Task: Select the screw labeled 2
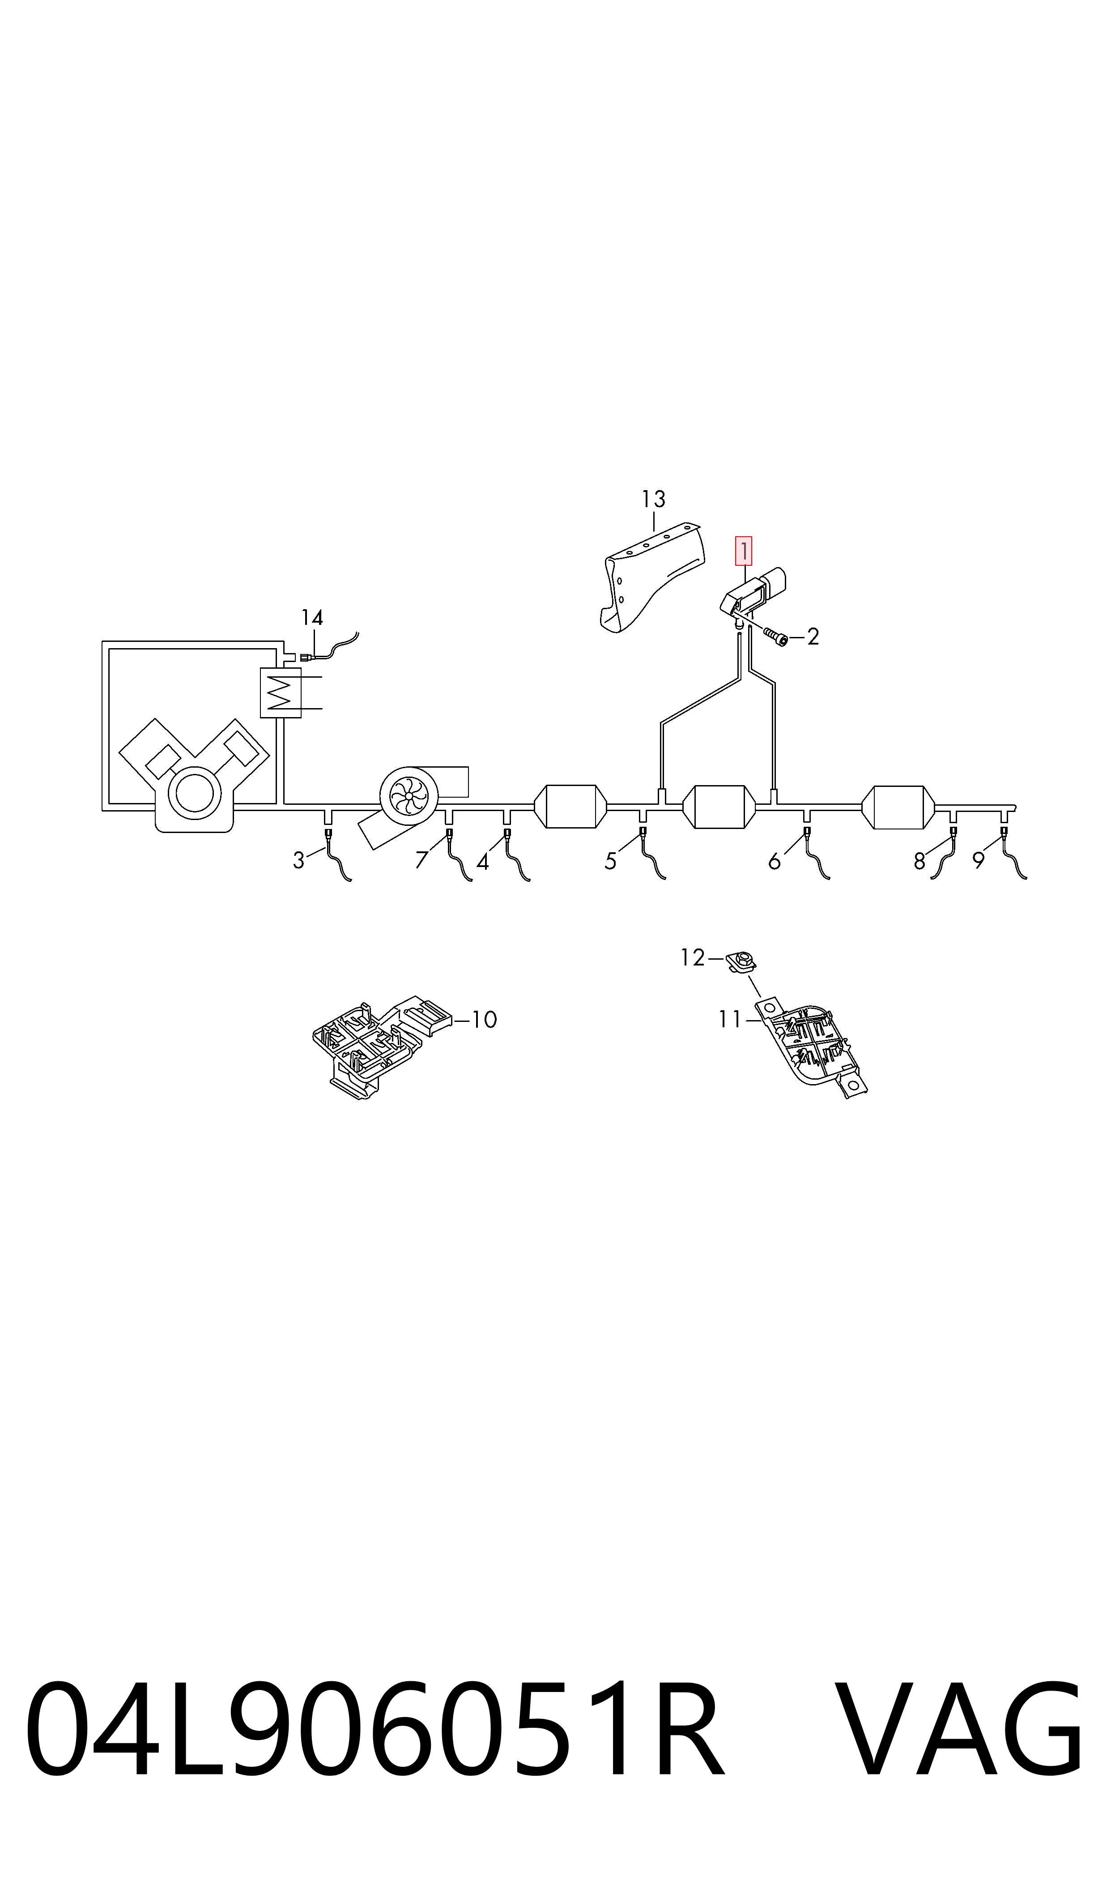(775, 636)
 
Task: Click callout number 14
(312, 618)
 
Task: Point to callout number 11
(729, 1019)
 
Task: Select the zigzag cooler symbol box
(280, 692)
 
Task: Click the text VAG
(958, 1731)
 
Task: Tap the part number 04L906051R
(375, 1731)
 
